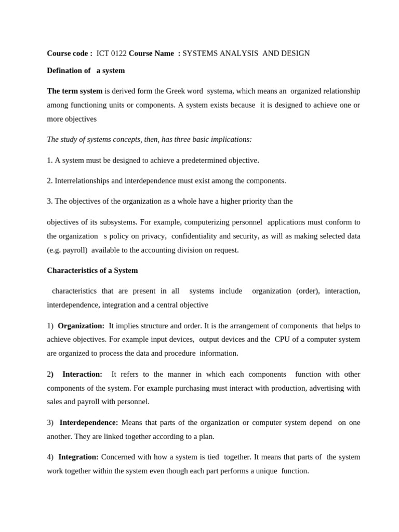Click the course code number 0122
[x=119, y=54]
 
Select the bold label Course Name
[x=151, y=54]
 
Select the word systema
[x=220, y=91]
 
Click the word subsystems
[x=118, y=222]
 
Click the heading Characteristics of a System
[x=92, y=271]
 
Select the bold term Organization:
[x=81, y=326]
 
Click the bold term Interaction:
[x=82, y=374]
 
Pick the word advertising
[x=328, y=388]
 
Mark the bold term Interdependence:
[x=89, y=422]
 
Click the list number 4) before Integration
[x=50, y=457]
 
